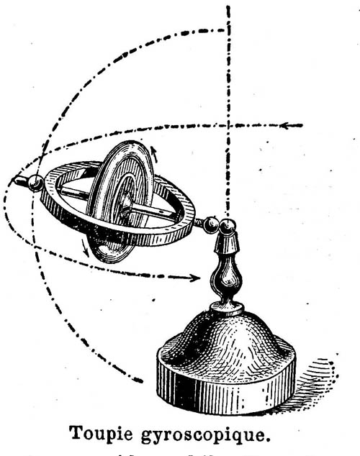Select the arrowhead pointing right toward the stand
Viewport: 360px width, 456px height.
(x=194, y=278)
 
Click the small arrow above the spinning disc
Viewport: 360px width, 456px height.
(x=154, y=154)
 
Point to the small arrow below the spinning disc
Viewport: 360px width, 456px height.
(x=86, y=248)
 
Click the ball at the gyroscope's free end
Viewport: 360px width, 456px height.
(x=36, y=183)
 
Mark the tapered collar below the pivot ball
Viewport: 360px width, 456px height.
(x=226, y=243)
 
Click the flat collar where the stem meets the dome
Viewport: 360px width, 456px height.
(x=227, y=309)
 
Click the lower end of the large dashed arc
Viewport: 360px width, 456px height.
(x=140, y=380)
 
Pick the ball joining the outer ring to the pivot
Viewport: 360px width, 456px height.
(x=211, y=224)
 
